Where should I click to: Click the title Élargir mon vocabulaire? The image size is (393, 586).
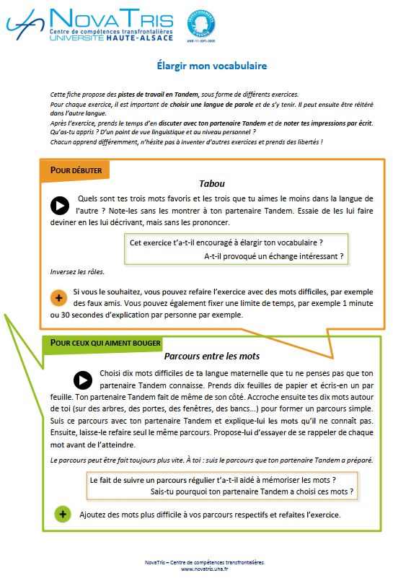(x=211, y=66)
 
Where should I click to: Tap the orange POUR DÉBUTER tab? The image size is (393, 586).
(x=76, y=170)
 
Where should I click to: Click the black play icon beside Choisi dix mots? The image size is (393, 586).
(x=83, y=380)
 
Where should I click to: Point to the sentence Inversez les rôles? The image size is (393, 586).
(x=77, y=272)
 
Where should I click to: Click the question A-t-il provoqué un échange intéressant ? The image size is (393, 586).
(x=273, y=256)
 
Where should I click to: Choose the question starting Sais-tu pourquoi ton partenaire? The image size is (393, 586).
(x=252, y=491)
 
